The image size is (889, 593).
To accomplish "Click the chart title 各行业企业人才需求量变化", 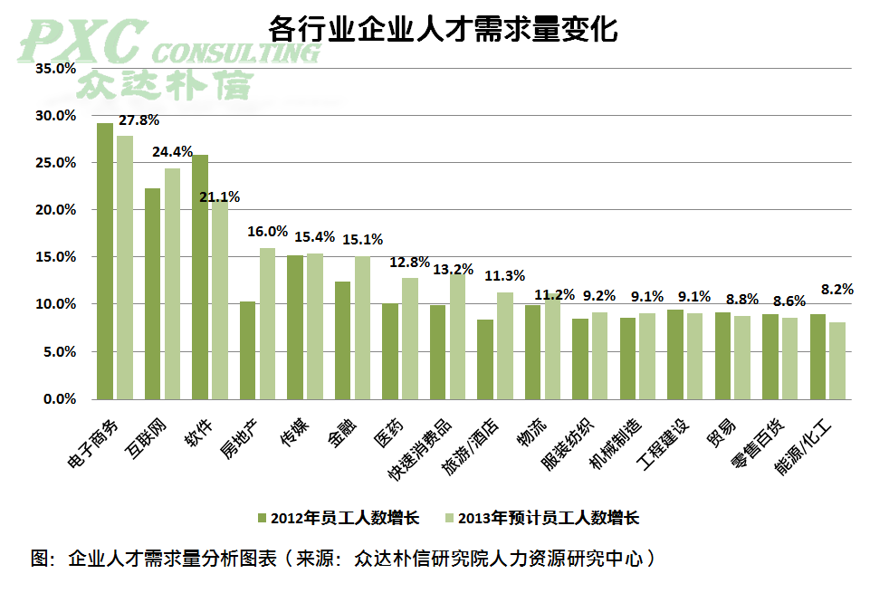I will (444, 29).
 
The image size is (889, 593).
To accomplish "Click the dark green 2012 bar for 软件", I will (200, 276).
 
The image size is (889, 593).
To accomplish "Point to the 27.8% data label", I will (139, 120).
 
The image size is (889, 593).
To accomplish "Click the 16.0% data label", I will (267, 232).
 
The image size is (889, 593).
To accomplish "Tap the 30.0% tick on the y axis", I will (55, 116).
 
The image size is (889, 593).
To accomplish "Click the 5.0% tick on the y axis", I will (59, 351).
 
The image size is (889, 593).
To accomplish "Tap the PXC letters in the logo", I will (81, 41).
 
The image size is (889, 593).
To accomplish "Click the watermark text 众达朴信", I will (163, 83).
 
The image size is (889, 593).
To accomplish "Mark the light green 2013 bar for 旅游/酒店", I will (504, 345).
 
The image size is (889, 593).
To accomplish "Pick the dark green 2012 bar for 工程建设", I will (675, 354).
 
